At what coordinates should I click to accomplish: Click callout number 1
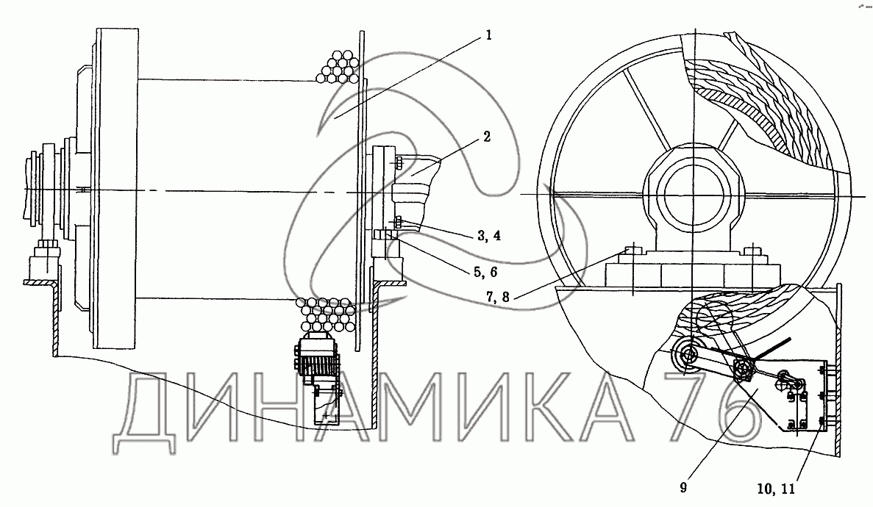click(x=489, y=35)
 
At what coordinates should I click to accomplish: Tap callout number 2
click(x=487, y=137)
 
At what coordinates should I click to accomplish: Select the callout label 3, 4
click(x=489, y=235)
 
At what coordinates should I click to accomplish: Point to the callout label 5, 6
click(x=485, y=272)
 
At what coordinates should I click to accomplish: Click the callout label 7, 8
click(x=497, y=297)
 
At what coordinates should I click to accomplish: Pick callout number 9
click(x=683, y=487)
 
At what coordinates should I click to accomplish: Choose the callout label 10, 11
click(x=776, y=489)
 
